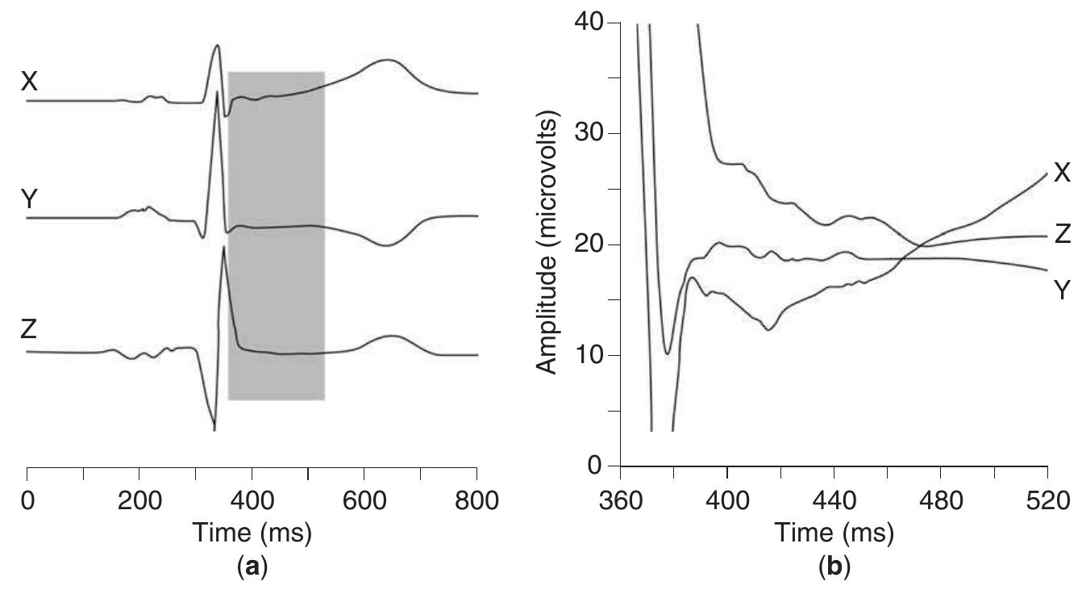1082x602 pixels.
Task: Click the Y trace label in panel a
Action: tap(29, 199)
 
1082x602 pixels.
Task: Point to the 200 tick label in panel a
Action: tap(139, 500)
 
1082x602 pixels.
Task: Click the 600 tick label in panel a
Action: tap(364, 500)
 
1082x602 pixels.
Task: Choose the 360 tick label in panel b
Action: tap(619, 500)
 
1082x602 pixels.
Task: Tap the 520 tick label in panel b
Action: tap(1047, 500)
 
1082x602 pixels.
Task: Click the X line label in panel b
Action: tap(1062, 172)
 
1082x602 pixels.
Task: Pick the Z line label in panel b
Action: tap(1062, 235)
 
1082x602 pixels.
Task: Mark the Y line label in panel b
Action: tap(1062, 290)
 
